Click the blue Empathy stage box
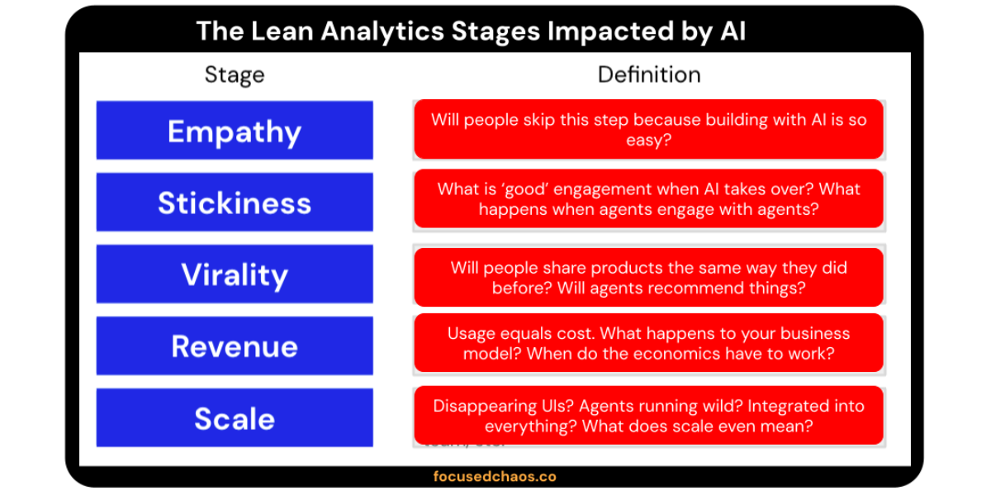click(x=235, y=131)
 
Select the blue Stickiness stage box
click(x=235, y=203)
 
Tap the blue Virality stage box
click(x=235, y=274)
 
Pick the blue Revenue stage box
click(x=235, y=346)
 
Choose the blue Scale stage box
click(x=235, y=418)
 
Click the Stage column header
click(x=235, y=75)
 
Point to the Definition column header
click(x=649, y=75)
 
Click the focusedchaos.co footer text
click(x=495, y=477)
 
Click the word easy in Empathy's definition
click(x=645, y=141)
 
